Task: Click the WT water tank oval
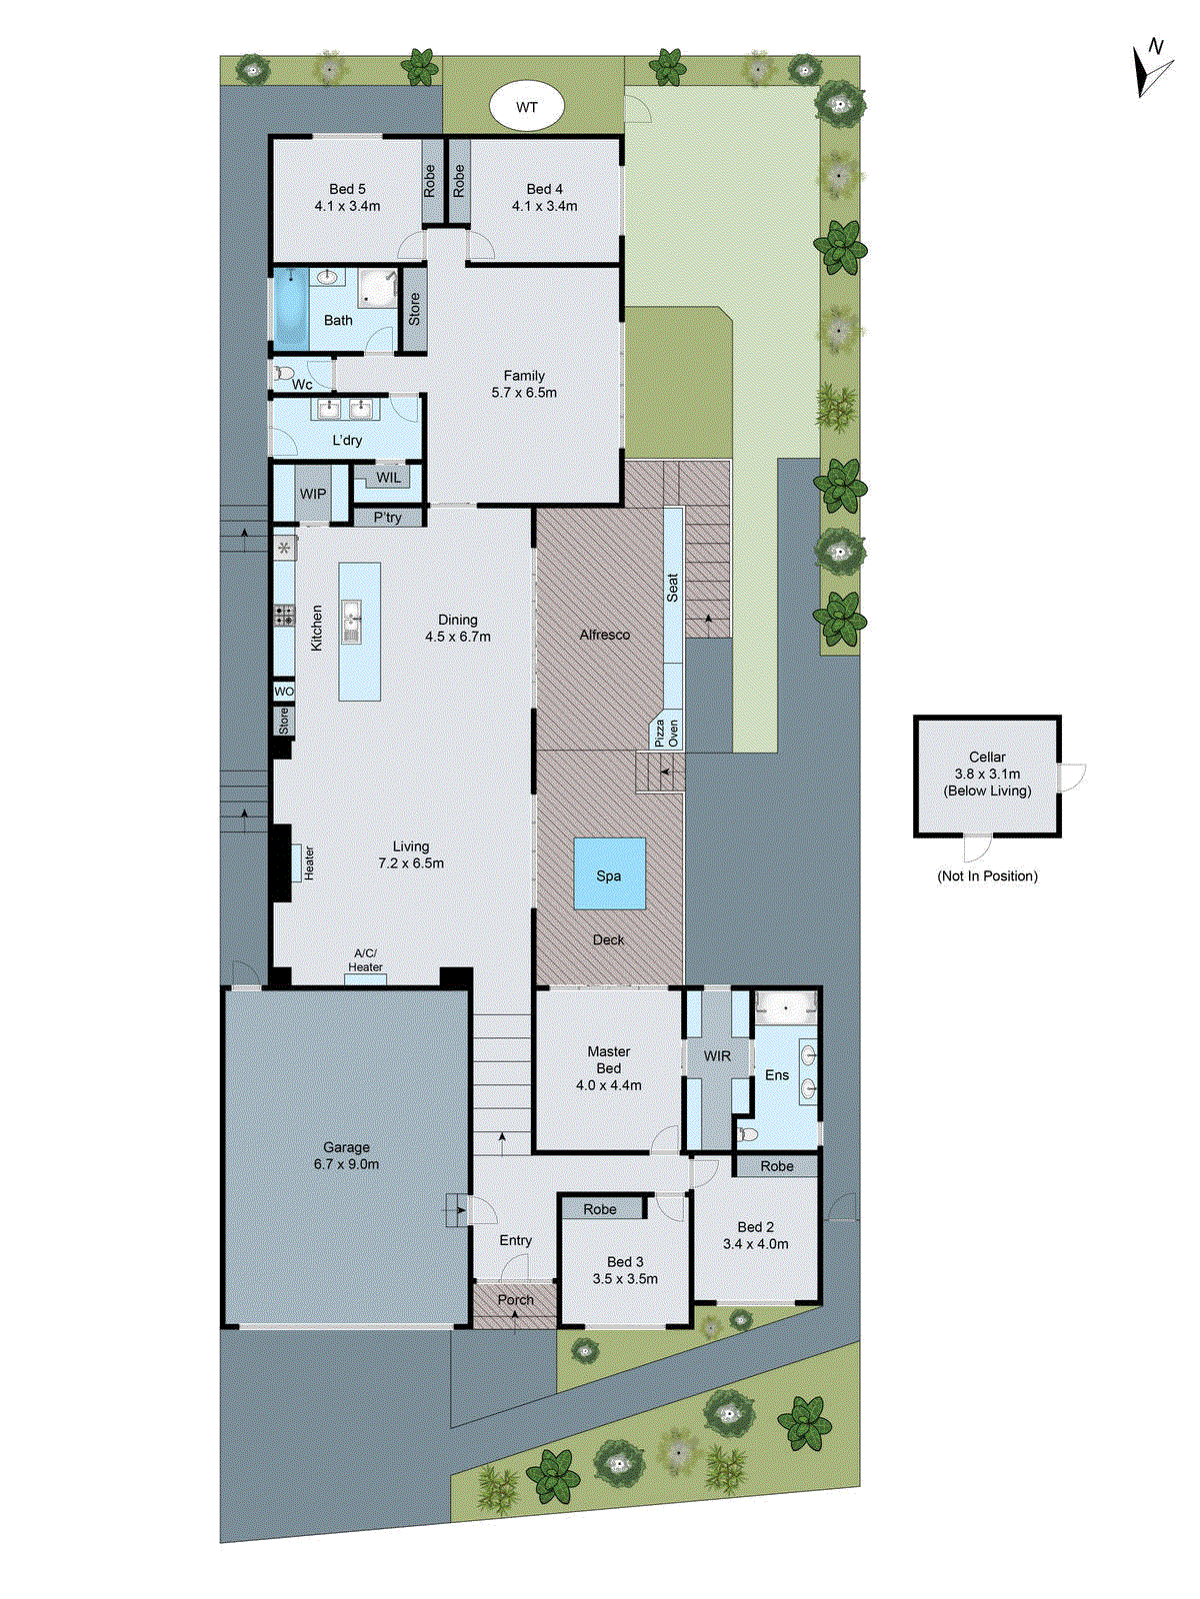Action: (x=526, y=106)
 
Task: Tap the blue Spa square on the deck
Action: (x=609, y=873)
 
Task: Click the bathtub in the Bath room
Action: (x=290, y=308)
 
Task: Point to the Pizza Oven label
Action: (x=666, y=733)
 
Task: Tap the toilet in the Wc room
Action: (x=283, y=374)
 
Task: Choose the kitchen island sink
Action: (x=351, y=622)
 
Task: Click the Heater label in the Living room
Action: (x=309, y=862)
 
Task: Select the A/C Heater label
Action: (x=365, y=960)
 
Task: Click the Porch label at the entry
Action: (x=515, y=1299)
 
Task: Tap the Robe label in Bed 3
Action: (x=600, y=1209)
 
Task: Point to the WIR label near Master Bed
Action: (x=717, y=1055)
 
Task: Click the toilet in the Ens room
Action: (x=746, y=1134)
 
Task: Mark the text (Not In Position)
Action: (x=987, y=876)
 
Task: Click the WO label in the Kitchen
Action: (x=284, y=692)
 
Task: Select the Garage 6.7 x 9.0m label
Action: (x=346, y=1155)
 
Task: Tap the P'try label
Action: (x=387, y=518)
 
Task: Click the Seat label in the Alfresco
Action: (x=672, y=587)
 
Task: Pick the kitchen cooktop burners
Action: (x=284, y=615)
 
